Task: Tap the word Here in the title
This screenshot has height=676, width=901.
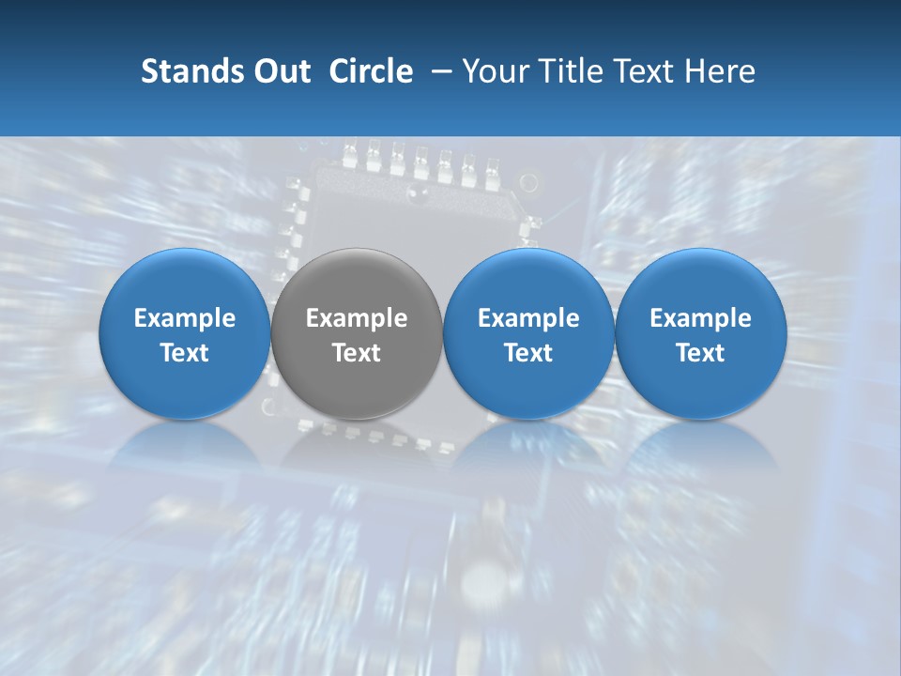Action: (x=721, y=71)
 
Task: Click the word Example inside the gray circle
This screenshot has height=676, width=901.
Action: (x=357, y=318)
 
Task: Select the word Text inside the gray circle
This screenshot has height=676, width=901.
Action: (x=357, y=353)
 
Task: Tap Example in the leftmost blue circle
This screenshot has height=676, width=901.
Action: (x=185, y=318)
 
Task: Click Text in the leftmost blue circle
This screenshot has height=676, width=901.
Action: (x=185, y=353)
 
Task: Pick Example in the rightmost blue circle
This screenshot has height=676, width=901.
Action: (x=700, y=318)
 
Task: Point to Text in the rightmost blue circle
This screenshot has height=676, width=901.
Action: (x=700, y=353)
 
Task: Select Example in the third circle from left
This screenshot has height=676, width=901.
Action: (x=528, y=318)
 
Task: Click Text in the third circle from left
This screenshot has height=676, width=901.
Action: (x=528, y=353)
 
